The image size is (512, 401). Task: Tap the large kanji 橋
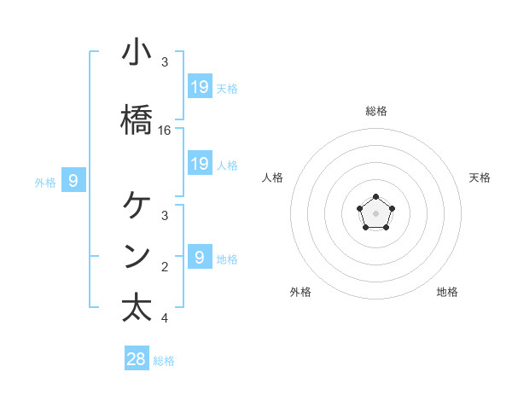click(137, 120)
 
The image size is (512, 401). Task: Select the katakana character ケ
click(137, 206)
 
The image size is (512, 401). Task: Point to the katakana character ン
click(137, 257)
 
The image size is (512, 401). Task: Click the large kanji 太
click(137, 308)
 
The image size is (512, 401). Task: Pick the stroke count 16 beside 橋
click(165, 131)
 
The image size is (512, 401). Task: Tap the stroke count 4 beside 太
click(165, 318)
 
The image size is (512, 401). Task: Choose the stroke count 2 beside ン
click(165, 267)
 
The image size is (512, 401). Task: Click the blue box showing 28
click(137, 359)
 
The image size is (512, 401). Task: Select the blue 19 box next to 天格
click(200, 86)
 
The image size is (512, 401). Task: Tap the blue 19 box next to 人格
click(200, 164)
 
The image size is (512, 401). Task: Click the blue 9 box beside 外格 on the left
click(73, 180)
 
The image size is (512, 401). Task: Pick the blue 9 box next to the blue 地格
click(200, 257)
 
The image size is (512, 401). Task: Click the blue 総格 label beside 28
click(164, 361)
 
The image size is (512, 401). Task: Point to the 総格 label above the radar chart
click(376, 111)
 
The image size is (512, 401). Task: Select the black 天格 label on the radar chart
click(480, 177)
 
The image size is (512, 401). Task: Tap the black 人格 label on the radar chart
click(273, 177)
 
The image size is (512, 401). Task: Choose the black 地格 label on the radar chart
click(447, 292)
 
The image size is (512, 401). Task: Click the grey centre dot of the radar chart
click(375, 212)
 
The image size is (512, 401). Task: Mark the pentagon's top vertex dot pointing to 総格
click(375, 197)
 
